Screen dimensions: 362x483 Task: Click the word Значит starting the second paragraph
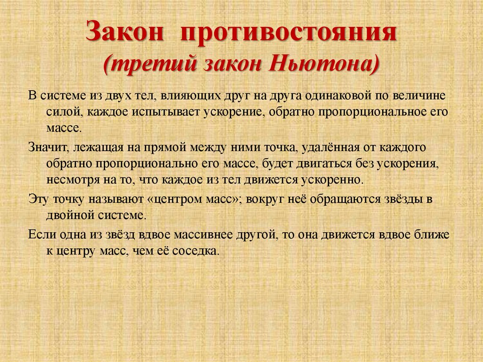click(47, 147)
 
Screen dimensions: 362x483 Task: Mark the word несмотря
click(69, 181)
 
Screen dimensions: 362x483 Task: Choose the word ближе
click(432, 234)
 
